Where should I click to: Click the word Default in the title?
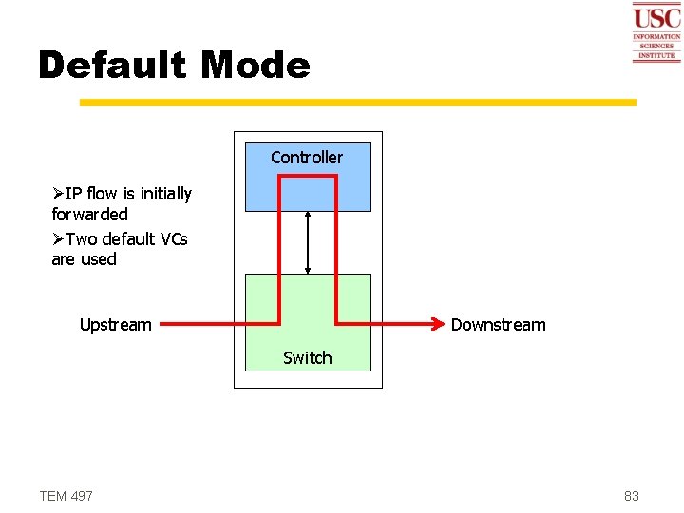[112, 66]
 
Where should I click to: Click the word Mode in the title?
[256, 66]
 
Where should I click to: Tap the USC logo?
[656, 31]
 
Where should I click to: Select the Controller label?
[307, 157]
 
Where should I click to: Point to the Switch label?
[308, 358]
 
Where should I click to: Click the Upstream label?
[115, 325]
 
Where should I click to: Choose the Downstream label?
[498, 325]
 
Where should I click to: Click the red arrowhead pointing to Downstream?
[440, 324]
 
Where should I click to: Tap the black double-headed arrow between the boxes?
[308, 242]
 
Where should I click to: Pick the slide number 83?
[632, 496]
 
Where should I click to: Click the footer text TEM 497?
[66, 496]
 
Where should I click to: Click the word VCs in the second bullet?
[172, 238]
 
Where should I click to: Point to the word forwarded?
[89, 215]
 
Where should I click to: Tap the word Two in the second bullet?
[82, 238]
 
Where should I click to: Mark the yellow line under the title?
[357, 102]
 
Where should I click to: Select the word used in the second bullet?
[99, 259]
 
